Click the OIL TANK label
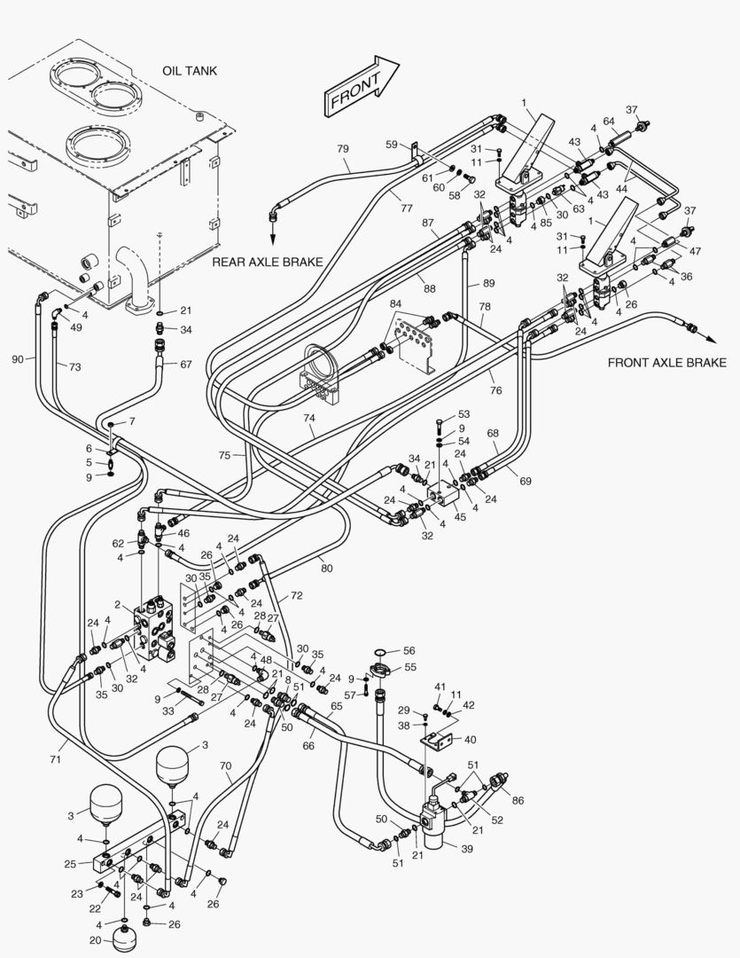coord(189,70)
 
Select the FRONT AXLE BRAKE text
coord(666,362)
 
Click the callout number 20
coord(95,940)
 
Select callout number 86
coord(518,800)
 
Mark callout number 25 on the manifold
coord(70,863)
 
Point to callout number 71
coord(55,760)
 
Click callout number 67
coord(185,365)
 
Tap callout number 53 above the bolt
coord(463,414)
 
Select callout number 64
coord(609,122)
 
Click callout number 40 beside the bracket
coord(469,739)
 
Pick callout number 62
coord(118,543)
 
